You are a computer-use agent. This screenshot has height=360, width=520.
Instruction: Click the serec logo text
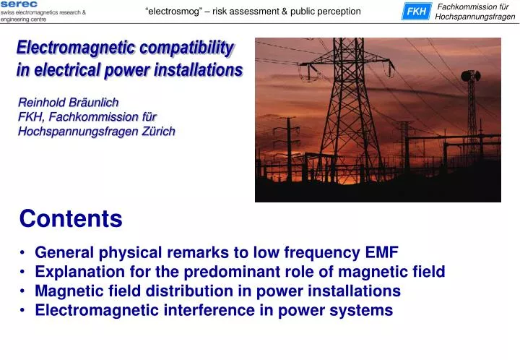coord(19,4)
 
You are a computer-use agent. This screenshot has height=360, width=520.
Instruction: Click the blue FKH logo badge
coord(415,12)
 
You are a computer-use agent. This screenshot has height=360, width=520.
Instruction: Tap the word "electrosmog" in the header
coord(171,12)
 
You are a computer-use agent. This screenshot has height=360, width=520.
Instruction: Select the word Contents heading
coord(71,218)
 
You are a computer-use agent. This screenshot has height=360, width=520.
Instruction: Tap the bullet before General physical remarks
coord(24,252)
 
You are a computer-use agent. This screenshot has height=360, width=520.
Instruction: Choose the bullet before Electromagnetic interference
coord(24,311)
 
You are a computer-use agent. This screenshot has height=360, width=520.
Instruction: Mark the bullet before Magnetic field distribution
coord(24,291)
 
